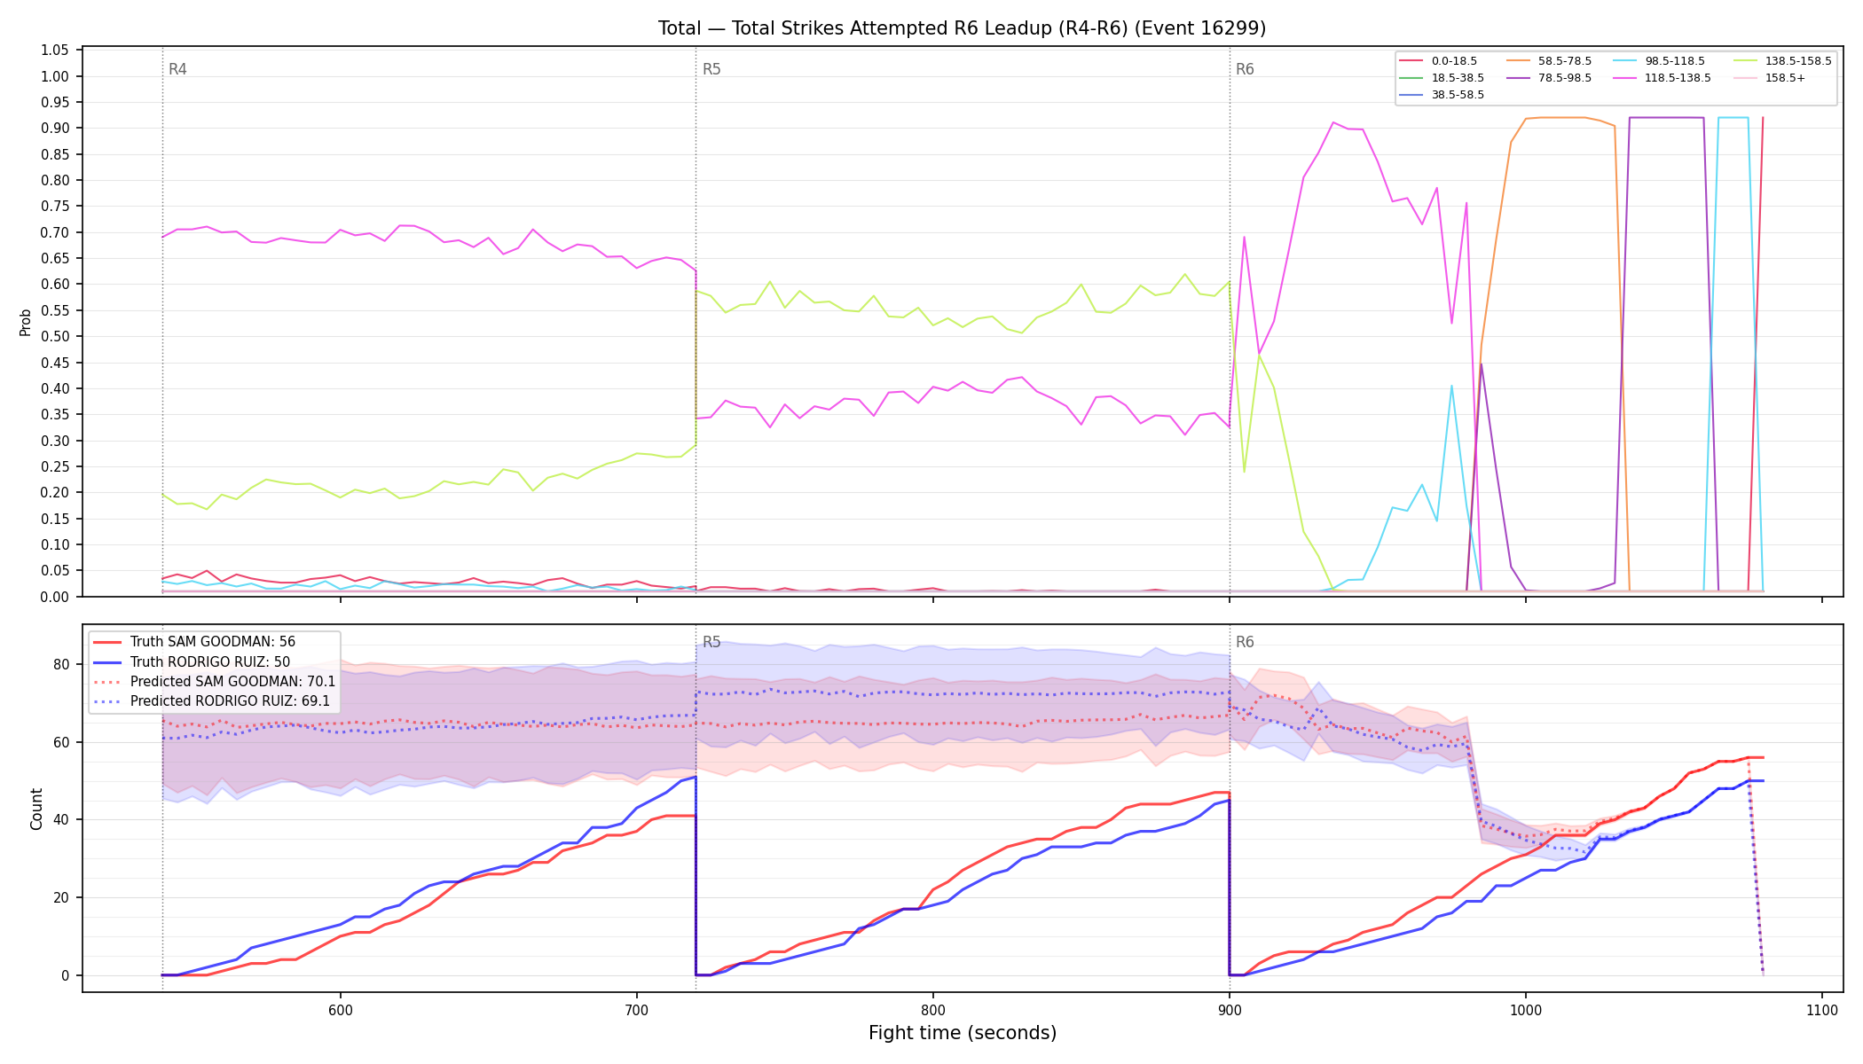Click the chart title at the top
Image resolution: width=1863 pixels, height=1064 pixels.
(x=962, y=28)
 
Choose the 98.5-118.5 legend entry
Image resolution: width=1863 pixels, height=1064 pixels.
(x=1659, y=61)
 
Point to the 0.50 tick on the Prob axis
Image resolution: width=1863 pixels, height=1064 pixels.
(x=55, y=336)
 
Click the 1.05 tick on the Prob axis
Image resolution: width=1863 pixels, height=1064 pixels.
(x=55, y=51)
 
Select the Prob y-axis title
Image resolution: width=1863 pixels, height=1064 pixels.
(x=26, y=322)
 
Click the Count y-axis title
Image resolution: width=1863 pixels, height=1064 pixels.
(x=36, y=809)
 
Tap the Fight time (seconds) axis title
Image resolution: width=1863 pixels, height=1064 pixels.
(x=963, y=1033)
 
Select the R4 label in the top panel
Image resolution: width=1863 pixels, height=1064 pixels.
(x=177, y=69)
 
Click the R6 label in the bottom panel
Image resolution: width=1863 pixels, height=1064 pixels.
(x=1245, y=642)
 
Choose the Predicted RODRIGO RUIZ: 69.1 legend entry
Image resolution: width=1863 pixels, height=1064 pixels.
(x=211, y=701)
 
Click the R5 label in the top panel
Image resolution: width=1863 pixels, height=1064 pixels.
(x=711, y=69)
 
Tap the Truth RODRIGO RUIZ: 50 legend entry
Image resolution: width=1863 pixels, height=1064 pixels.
(x=192, y=661)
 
